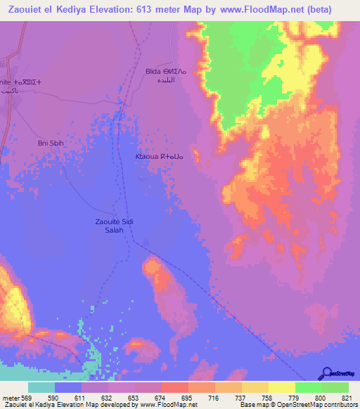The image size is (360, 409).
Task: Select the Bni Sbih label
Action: (x=49, y=143)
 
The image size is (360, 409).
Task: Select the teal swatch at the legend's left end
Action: (x=41, y=387)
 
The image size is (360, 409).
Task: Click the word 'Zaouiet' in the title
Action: (x=23, y=8)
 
